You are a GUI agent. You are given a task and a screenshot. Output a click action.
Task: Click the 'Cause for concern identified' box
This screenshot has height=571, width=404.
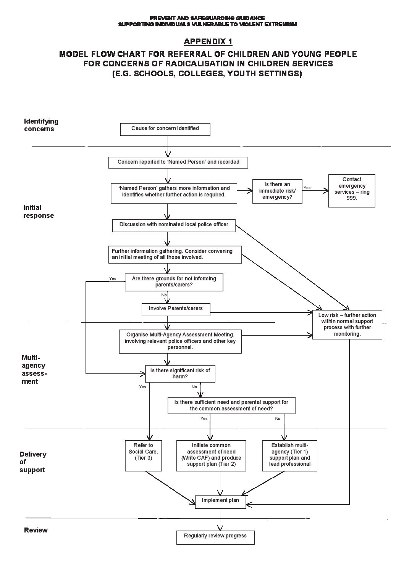click(x=165, y=129)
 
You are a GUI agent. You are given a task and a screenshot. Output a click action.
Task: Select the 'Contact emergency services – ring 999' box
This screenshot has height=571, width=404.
click(x=352, y=191)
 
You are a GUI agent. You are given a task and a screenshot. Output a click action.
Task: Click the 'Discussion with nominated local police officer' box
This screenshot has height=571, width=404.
click(x=173, y=225)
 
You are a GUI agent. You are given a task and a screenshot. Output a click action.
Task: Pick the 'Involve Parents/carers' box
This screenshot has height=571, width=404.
click(x=176, y=309)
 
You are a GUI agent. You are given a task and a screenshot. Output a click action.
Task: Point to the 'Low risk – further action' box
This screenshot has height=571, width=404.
click(x=347, y=324)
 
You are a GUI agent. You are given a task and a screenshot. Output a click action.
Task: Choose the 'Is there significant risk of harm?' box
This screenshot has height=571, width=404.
click(x=180, y=374)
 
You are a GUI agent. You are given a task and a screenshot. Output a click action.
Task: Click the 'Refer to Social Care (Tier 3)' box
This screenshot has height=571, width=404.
click(x=143, y=455)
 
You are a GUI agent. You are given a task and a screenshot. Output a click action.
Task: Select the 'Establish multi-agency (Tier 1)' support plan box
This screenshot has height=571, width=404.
click(x=289, y=455)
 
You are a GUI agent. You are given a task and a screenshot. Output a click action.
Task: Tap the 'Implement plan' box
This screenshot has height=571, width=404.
click(x=220, y=501)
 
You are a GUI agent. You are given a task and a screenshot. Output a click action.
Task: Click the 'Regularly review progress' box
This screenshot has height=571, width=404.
click(x=215, y=536)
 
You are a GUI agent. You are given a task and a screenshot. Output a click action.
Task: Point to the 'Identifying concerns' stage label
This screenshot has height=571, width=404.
click(x=41, y=125)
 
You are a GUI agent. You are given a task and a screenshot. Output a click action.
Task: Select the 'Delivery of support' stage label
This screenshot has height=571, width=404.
click(x=33, y=462)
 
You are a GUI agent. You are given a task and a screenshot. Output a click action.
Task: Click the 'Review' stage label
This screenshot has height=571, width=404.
click(x=36, y=530)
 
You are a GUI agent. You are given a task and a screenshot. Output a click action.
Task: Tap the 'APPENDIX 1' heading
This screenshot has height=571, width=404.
click(x=208, y=41)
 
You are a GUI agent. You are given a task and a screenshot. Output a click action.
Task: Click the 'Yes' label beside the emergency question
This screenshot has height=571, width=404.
click(x=307, y=188)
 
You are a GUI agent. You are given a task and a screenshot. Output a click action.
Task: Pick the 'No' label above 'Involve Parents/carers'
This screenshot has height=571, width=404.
click(x=164, y=295)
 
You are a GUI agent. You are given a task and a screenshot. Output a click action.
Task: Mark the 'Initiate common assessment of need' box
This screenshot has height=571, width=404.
click(x=211, y=455)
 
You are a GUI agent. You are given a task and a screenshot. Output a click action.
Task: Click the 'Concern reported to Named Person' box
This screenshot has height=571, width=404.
click(x=178, y=162)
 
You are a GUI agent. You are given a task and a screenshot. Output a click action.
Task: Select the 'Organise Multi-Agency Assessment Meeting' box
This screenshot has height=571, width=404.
click(x=180, y=341)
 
